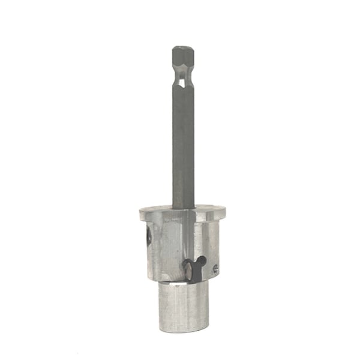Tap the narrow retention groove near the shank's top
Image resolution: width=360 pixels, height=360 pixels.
182,77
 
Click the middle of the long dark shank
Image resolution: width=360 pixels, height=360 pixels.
183,144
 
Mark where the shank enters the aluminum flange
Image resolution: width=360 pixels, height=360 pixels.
183,209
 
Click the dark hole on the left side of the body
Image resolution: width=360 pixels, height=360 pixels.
146,239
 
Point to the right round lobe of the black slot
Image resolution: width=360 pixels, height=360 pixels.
202,262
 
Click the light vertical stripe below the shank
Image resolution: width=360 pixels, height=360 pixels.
187,240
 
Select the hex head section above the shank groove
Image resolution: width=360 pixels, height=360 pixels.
182,60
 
